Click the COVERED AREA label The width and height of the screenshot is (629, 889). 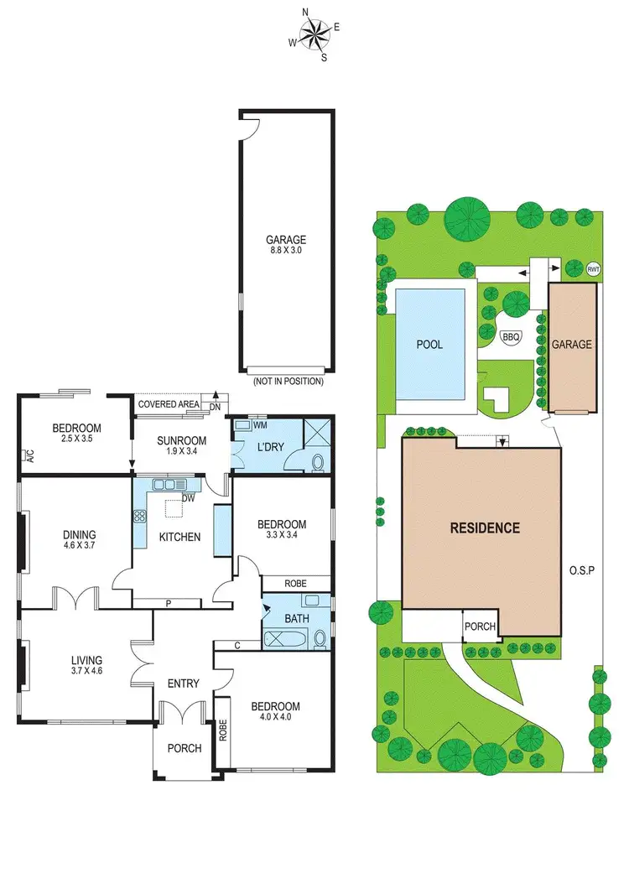[x=169, y=404]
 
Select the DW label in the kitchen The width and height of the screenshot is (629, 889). [x=188, y=497]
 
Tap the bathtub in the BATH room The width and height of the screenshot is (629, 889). [x=283, y=639]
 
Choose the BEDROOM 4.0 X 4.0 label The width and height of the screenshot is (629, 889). [x=275, y=712]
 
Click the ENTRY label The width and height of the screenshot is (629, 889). [x=183, y=684]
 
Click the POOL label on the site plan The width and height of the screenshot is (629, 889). [x=429, y=345]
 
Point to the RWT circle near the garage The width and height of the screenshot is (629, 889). [x=594, y=269]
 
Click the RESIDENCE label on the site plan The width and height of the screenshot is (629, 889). [x=485, y=528]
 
